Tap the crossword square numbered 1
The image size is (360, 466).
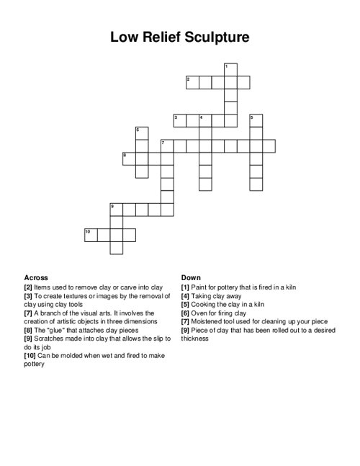tap(230, 69)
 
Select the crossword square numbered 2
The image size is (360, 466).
tap(192, 81)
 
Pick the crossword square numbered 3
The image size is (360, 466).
tap(179, 120)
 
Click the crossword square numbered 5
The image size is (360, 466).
tap(256, 120)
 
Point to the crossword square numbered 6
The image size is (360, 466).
tap(141, 133)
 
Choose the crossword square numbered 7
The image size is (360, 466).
tap(167, 146)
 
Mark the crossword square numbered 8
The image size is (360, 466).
tap(128, 158)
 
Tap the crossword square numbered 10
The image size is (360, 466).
tap(90, 235)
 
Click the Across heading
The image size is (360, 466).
tap(36, 277)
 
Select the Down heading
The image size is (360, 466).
tap(191, 277)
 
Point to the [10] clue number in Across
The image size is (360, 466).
tap(31, 356)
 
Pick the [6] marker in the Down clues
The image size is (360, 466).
tap(186, 313)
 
